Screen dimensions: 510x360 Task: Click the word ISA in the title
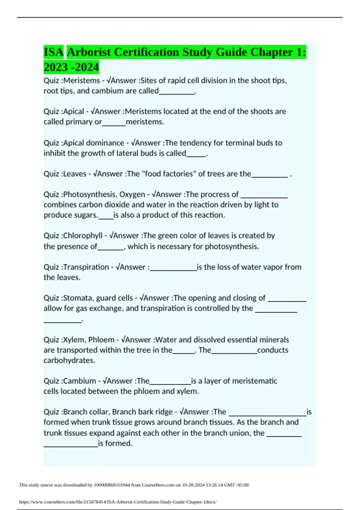click(x=54, y=52)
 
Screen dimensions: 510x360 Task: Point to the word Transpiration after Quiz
click(x=86, y=267)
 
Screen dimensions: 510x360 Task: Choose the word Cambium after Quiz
click(x=79, y=381)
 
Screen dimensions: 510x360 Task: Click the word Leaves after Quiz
click(x=75, y=174)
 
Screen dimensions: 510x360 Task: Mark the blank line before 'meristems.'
click(x=114, y=124)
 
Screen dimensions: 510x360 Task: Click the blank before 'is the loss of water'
click(x=173, y=269)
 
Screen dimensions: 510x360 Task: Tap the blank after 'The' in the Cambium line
click(x=170, y=383)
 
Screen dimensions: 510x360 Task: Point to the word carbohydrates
click(x=69, y=360)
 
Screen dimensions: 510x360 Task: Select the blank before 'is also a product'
click(x=106, y=218)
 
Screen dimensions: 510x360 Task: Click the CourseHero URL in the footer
click(x=118, y=502)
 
